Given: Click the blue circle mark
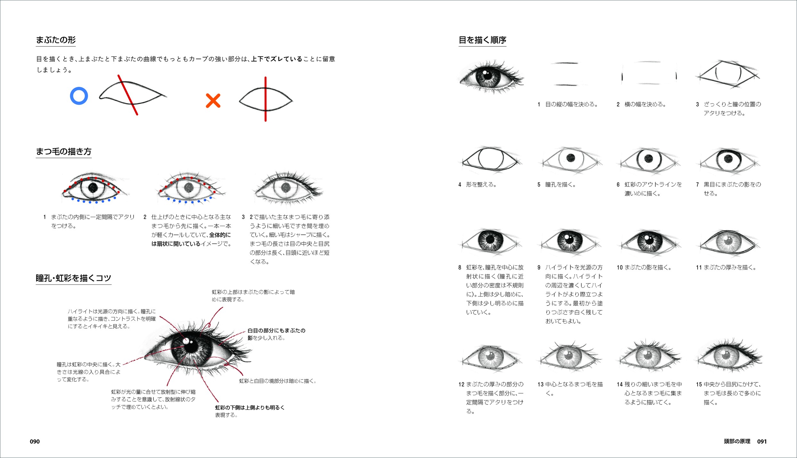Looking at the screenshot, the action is pyautogui.click(x=79, y=87).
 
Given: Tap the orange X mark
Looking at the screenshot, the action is pyautogui.click(x=213, y=101).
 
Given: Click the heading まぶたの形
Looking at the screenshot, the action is pyautogui.click(x=56, y=40).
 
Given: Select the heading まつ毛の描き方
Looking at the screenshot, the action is pyautogui.click(x=64, y=151).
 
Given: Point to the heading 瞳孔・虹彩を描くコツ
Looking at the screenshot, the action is pyautogui.click(x=73, y=278).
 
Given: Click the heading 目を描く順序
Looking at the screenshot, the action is pyautogui.click(x=482, y=40).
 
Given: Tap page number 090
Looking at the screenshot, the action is pyautogui.click(x=35, y=441).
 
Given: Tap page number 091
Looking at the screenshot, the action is pyautogui.click(x=762, y=441).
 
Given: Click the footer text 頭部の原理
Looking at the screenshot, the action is pyautogui.click(x=737, y=441).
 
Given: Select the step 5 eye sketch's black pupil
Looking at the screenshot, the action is pyautogui.click(x=571, y=158).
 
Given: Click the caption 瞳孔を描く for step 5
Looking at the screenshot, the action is pyautogui.click(x=560, y=184).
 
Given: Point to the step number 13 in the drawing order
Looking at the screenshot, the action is pyautogui.click(x=541, y=384).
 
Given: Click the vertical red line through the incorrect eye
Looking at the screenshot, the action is pyautogui.click(x=265, y=99).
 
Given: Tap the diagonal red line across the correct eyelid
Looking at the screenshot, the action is pyautogui.click(x=128, y=95).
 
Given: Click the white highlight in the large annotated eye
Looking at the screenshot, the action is pyautogui.click(x=186, y=342).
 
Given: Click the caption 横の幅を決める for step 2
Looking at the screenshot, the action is pyautogui.click(x=645, y=104).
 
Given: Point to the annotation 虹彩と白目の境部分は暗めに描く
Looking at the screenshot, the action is pyautogui.click(x=278, y=381).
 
